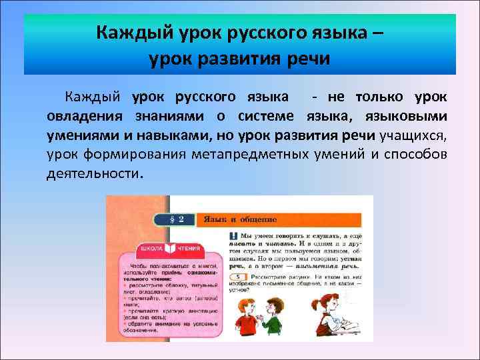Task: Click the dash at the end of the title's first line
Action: (378, 33)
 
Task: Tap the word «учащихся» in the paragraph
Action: (413, 136)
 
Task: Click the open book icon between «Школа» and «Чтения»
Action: (169, 249)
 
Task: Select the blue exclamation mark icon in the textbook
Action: (233, 235)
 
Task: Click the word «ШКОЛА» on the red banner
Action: (150, 249)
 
